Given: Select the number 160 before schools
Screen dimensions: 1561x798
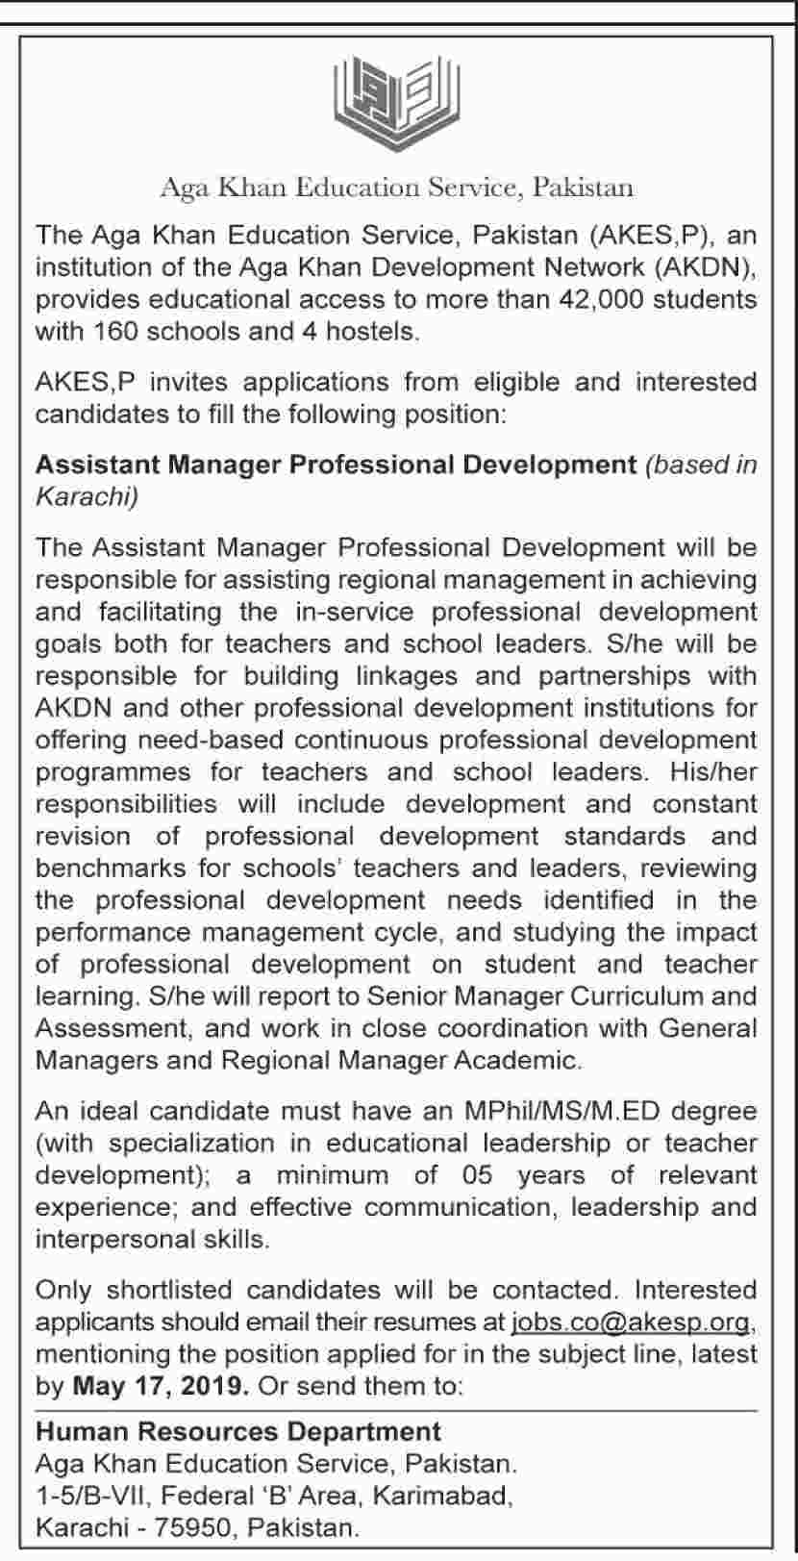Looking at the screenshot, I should [116, 332].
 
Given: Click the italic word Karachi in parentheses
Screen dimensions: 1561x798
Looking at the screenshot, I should [84, 496].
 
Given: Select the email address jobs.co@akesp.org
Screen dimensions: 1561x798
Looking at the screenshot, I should [630, 1322].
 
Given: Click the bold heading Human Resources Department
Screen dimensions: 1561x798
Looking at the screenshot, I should [238, 1432].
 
